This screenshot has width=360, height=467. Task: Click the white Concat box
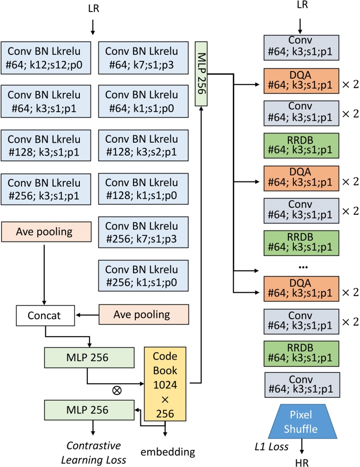tap(45, 316)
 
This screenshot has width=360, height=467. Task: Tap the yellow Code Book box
tap(165, 382)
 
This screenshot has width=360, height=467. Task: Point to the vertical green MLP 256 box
tap(201, 67)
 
